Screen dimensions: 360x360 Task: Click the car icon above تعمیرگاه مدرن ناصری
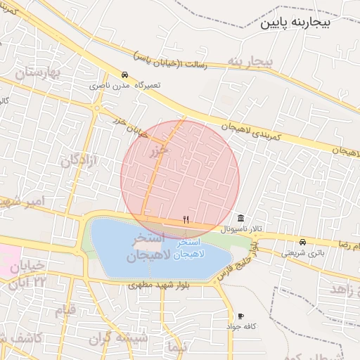pyautogui.click(x=124, y=75)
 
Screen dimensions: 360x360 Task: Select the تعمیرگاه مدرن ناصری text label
pyautogui.click(x=124, y=85)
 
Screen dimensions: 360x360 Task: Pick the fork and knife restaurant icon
pyautogui.click(x=186, y=219)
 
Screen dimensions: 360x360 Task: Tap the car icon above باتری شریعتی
pyautogui.click(x=303, y=241)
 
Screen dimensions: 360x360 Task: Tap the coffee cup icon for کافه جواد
pyautogui.click(x=241, y=316)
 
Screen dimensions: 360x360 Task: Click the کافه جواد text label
pyautogui.click(x=241, y=327)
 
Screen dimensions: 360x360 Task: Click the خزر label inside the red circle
pyautogui.click(x=159, y=150)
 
